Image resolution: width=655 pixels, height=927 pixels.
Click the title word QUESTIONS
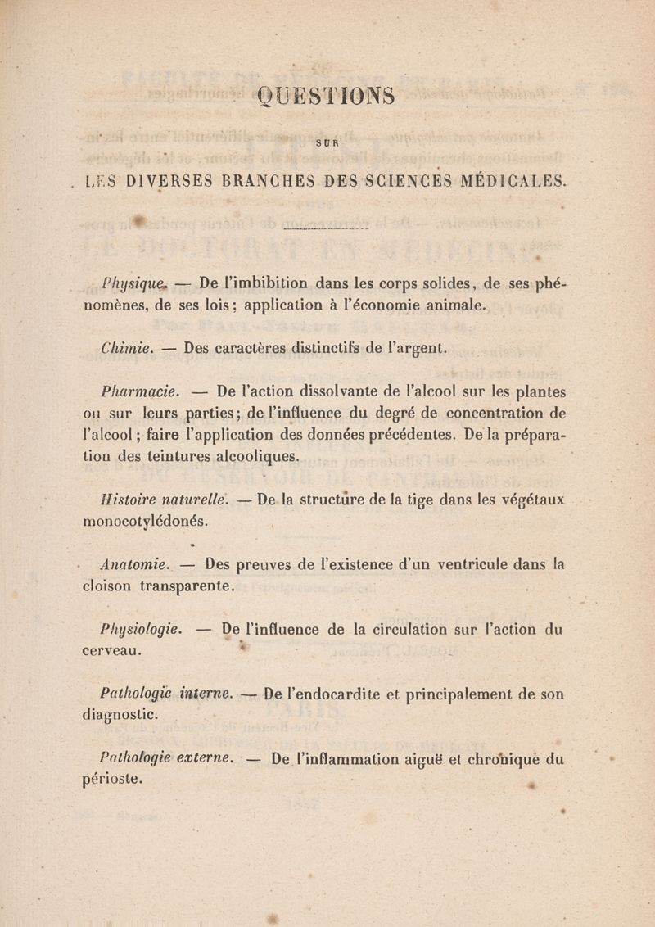point(326,97)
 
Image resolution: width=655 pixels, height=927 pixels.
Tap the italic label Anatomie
point(131,564)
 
